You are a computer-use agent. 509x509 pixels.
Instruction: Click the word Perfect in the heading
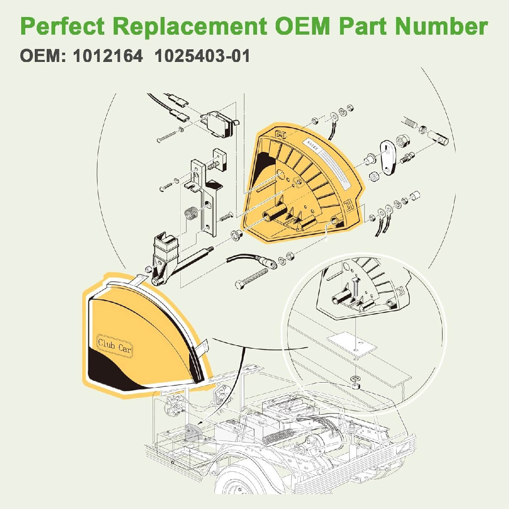coord(62,27)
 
